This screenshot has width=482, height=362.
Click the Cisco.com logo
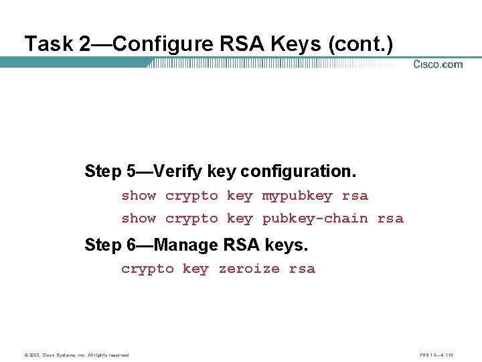pos(438,64)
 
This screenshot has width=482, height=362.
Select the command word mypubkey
pos(297,196)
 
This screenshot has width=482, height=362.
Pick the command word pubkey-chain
pos(315,219)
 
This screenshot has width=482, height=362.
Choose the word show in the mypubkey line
pos(139,196)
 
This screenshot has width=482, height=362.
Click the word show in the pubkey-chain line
pos(139,219)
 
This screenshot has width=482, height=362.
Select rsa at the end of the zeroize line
pos(302,269)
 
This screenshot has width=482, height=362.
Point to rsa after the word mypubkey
pos(355,196)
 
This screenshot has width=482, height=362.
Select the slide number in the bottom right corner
pos(437,355)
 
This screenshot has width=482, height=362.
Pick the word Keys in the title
pos(297,44)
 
